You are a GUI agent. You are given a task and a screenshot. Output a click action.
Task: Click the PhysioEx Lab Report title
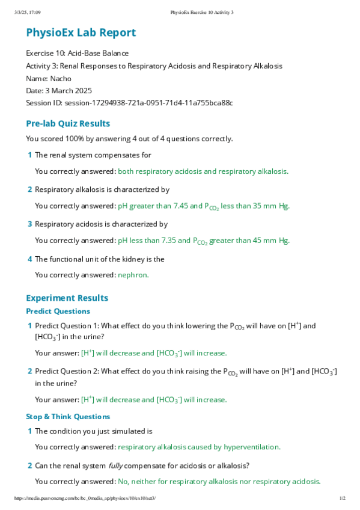81,32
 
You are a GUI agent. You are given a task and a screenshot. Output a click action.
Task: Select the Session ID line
129,103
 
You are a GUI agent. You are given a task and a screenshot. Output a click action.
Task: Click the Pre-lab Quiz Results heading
68,123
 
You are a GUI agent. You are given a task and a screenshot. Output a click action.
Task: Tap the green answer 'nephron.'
133,275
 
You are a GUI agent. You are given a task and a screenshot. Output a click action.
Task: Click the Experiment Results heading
67,298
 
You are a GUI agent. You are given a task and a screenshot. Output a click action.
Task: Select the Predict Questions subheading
58,311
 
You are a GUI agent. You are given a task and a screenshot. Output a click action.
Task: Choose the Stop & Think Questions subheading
68,416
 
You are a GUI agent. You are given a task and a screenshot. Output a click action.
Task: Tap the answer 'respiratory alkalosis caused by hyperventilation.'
199,447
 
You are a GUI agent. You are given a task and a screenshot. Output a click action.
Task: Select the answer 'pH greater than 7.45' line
204,206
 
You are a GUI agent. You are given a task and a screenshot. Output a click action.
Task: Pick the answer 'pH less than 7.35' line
204,241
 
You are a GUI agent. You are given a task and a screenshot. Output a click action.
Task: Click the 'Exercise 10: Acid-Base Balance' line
77,53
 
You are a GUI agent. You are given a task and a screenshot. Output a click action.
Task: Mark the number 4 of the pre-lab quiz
29,259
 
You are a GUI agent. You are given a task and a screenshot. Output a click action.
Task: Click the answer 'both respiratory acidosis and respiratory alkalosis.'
203,171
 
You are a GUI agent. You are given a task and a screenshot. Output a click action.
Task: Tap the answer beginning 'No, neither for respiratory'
219,481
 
